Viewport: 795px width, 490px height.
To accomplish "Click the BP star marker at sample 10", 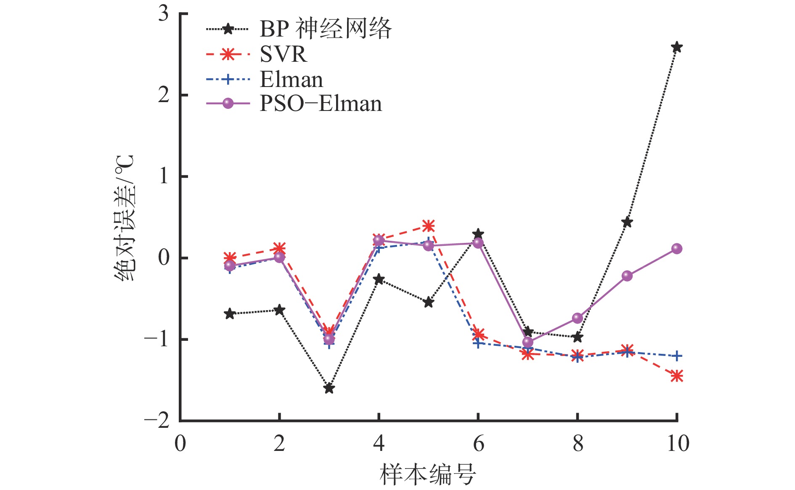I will [x=676, y=47].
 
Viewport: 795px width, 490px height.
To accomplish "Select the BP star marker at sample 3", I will [x=329, y=388].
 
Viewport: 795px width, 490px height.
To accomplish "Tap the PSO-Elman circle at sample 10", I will [x=676, y=248].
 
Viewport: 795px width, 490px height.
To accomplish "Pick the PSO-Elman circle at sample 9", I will [x=627, y=276].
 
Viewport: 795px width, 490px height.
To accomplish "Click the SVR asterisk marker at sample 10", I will [x=676, y=376].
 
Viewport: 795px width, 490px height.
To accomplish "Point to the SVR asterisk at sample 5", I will [x=428, y=226].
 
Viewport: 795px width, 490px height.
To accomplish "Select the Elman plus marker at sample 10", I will [x=676, y=356].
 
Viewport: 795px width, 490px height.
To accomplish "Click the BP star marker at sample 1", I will [x=229, y=313].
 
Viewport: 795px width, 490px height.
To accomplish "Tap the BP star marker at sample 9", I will [x=627, y=222].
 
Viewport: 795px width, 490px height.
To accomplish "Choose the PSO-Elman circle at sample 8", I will [x=578, y=318].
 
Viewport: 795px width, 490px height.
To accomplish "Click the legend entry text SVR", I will [x=283, y=54].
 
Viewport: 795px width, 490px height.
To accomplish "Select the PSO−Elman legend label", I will [x=321, y=103].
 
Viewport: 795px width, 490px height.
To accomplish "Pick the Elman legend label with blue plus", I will [x=291, y=79].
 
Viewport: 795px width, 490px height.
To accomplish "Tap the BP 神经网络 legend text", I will [x=326, y=29].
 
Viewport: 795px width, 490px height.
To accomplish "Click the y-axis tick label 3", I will [x=163, y=14].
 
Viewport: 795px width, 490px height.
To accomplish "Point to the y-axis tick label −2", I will [x=156, y=420].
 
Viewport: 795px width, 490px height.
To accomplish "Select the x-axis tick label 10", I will [x=678, y=443].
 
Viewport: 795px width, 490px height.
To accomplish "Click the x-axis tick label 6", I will [x=478, y=443].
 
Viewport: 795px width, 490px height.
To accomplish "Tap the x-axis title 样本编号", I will [x=428, y=474].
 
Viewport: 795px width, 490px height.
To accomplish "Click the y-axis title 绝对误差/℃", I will [x=125, y=218].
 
